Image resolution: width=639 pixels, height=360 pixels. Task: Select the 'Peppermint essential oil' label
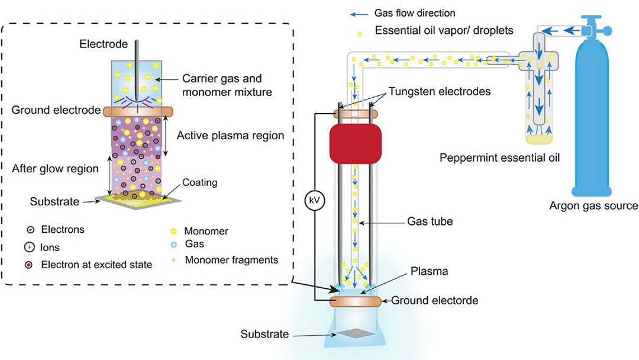click(x=500, y=159)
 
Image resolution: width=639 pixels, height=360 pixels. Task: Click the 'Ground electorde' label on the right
click(x=434, y=300)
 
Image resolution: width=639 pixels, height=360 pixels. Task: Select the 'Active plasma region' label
click(x=231, y=136)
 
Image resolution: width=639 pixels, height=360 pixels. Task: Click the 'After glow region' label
click(x=55, y=169)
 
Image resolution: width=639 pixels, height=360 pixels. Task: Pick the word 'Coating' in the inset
click(x=199, y=183)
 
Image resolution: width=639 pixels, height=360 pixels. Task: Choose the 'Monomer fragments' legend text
click(x=231, y=259)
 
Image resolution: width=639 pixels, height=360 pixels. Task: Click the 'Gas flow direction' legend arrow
click(x=360, y=13)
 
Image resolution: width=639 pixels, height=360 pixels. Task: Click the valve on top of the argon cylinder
click(x=593, y=30)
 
